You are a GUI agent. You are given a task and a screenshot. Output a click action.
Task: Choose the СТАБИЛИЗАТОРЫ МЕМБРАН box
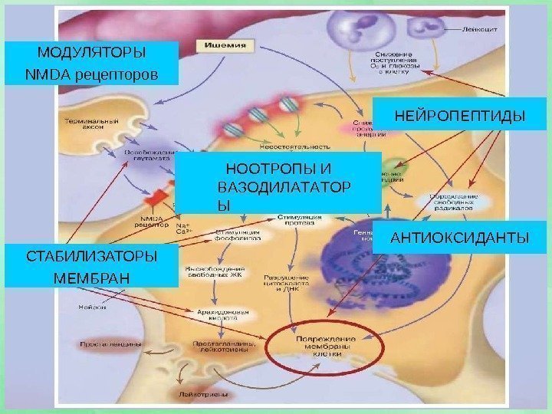[x=91, y=265]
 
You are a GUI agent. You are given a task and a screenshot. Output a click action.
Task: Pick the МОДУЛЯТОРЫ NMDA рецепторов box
[x=91, y=64]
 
